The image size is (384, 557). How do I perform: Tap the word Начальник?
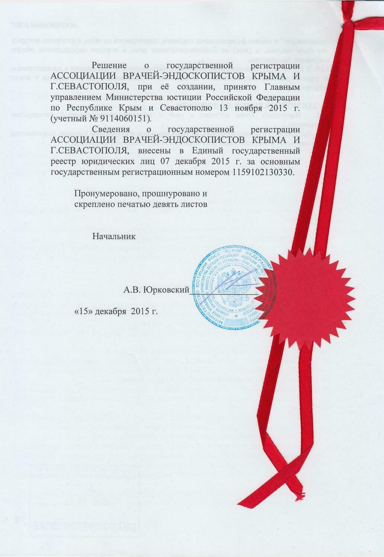coord(111,236)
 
